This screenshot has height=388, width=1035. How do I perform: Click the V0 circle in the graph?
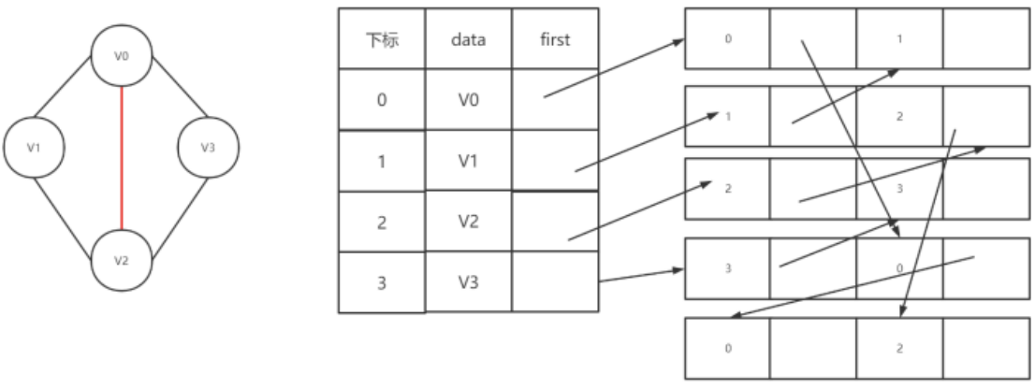(122, 57)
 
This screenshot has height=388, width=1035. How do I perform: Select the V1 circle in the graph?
(34, 147)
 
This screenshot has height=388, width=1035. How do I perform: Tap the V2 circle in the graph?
(122, 260)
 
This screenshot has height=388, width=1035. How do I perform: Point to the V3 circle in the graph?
(209, 147)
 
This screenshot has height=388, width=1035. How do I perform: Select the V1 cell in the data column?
(468, 160)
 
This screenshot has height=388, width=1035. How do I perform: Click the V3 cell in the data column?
(468, 281)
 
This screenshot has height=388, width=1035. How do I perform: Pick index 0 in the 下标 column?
(381, 99)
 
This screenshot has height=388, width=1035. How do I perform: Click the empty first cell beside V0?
(555, 99)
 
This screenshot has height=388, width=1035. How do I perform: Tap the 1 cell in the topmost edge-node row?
(899, 39)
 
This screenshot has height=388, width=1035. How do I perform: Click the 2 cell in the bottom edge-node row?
(899, 348)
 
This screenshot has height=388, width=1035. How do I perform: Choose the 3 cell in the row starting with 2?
(899, 189)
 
